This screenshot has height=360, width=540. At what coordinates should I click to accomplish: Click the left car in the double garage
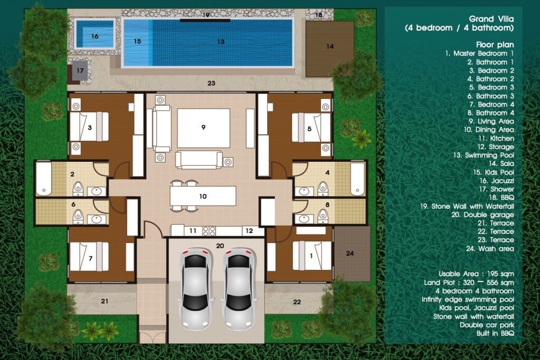[195, 288]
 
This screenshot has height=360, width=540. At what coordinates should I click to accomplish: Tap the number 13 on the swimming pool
[220, 41]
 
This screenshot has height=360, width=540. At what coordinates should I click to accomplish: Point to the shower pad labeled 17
[80, 71]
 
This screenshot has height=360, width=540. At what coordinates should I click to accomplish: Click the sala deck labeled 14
[330, 46]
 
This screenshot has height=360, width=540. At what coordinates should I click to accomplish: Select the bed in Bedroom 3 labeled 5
[311, 128]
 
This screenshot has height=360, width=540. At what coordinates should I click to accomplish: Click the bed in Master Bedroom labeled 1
[311, 256]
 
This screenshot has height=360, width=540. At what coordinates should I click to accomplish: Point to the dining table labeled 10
[202, 196]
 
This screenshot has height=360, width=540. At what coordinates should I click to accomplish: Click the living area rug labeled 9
[203, 128]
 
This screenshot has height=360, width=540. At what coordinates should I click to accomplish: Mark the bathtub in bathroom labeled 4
[358, 179]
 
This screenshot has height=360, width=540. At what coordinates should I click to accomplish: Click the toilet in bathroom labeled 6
[78, 214]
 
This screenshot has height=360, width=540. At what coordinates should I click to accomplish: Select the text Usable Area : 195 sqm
[476, 274]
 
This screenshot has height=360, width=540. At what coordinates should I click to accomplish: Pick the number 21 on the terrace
[104, 301]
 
